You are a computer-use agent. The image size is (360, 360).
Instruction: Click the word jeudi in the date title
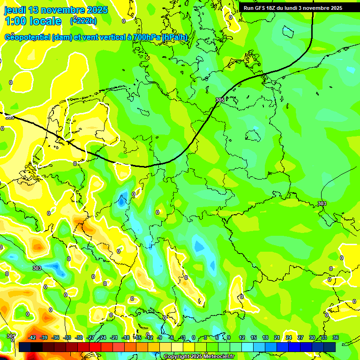point(15,10)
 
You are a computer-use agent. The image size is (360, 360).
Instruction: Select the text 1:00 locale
point(33,21)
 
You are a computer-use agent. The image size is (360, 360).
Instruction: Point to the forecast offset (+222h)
point(83,21)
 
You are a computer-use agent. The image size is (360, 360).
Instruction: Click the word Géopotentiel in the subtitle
point(28,37)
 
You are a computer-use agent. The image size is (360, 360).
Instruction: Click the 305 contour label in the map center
point(220,100)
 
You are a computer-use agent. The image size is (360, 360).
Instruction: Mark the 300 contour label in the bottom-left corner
point(11,336)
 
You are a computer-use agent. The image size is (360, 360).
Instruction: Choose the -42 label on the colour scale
point(32,337)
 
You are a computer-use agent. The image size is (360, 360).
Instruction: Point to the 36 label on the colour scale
point(336,337)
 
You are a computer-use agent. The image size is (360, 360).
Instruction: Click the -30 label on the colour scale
point(79,337)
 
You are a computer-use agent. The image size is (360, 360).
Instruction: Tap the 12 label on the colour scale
point(242,337)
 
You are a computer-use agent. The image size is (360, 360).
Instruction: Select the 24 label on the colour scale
point(289,337)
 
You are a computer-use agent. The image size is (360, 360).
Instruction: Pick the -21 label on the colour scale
point(114,337)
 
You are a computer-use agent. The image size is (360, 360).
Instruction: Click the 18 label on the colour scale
point(265,337)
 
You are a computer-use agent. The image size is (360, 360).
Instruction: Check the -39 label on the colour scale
point(44,337)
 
